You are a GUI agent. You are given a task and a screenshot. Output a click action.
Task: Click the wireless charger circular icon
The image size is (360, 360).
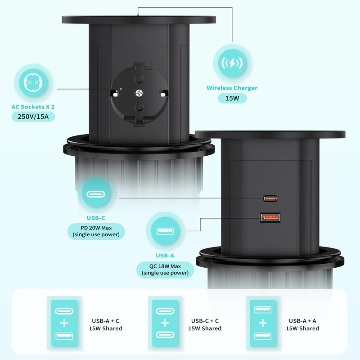coord(232,63)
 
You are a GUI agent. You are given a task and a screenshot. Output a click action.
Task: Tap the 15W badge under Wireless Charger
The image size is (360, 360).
coord(232,98)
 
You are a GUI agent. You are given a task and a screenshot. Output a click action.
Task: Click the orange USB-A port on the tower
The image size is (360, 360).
coord(270,218)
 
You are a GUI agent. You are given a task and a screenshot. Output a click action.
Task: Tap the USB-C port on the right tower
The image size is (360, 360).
coord(270,198)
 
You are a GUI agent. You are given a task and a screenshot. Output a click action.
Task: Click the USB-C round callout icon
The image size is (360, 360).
coord(96,195)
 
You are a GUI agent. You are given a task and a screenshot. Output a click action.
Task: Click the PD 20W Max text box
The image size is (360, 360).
coord(96,230)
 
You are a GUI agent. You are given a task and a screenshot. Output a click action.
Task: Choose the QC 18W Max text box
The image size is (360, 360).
coord(165,269)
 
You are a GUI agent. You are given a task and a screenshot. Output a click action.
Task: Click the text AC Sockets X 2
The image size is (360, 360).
coord(36,107)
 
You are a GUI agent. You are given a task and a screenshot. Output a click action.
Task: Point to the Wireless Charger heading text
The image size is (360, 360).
coord(232,88)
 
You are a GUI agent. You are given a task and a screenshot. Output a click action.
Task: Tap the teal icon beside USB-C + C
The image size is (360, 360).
coord(165,323)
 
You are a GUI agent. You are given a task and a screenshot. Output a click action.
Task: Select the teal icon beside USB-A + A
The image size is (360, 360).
coord(263,323)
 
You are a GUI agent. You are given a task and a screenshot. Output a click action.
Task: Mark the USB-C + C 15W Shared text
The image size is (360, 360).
coord(205,324)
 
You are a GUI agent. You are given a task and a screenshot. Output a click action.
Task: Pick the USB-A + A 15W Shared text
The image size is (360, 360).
coord(302,324)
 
